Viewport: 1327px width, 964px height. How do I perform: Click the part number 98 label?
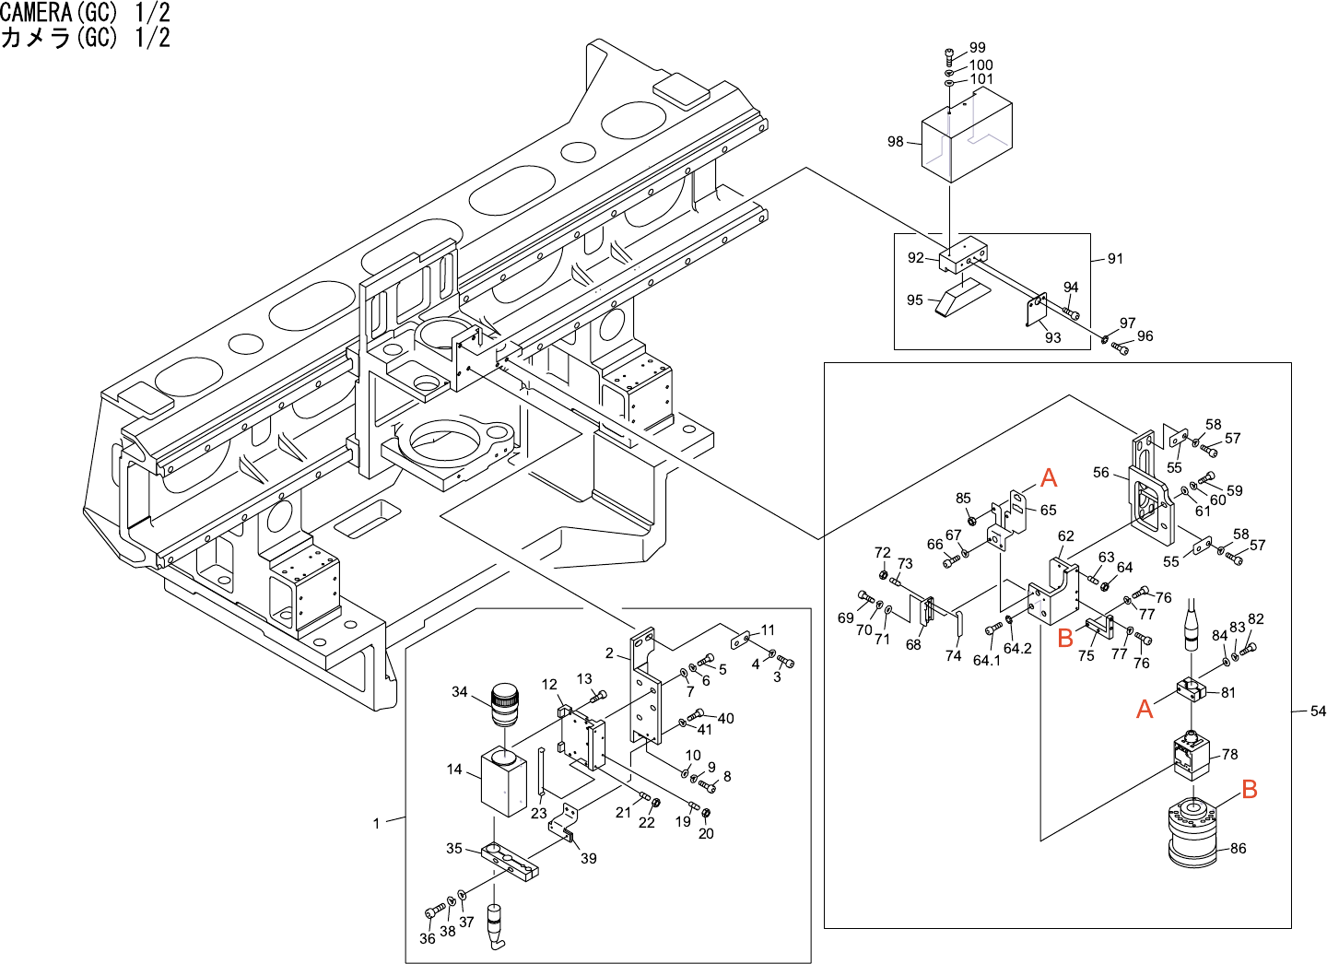click(x=895, y=141)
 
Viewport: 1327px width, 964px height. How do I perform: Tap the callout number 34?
click(x=459, y=691)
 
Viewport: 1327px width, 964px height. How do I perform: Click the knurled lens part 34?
click(x=504, y=705)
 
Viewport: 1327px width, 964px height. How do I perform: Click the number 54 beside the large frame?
click(x=1318, y=711)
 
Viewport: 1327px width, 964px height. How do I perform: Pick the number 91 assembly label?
click(x=1115, y=259)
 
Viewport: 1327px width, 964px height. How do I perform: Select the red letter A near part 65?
click(x=1049, y=477)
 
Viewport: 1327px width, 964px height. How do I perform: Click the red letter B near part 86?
click(x=1250, y=789)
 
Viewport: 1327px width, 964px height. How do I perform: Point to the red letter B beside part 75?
click(x=1065, y=637)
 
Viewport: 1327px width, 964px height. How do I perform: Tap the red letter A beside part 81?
click(x=1145, y=709)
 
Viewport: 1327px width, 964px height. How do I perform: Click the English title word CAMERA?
click(x=36, y=12)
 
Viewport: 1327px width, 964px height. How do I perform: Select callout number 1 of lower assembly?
click(x=376, y=823)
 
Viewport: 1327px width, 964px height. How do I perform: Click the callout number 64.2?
click(x=1017, y=648)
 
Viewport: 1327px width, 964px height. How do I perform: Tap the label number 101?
click(x=981, y=79)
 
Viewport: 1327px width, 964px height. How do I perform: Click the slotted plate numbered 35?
click(x=508, y=861)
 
